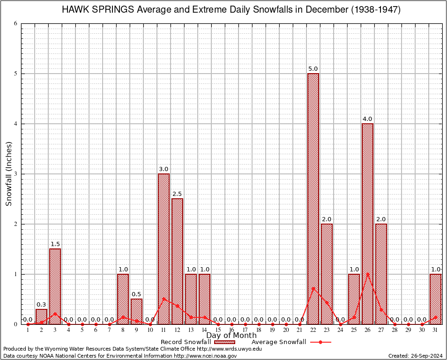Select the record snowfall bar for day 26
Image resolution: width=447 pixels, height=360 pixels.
click(367, 224)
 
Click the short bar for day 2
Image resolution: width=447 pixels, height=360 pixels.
click(41, 316)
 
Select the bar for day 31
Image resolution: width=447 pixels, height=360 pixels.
click(435, 299)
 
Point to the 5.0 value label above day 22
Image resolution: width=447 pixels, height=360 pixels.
click(313, 69)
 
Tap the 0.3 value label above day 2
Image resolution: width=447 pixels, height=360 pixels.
click(41, 305)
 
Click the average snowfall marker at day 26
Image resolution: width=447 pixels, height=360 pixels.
click(367, 274)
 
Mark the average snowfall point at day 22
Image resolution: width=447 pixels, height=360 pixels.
click(313, 288)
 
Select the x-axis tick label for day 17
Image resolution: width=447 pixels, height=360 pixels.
click(245, 330)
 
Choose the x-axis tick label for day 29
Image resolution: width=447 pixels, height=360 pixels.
click(408, 330)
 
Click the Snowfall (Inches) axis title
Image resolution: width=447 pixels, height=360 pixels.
click(9, 174)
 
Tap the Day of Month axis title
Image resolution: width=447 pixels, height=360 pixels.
click(231, 336)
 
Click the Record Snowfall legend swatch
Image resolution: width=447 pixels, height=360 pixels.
click(224, 342)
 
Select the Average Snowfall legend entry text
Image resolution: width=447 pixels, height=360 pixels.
click(279, 342)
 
